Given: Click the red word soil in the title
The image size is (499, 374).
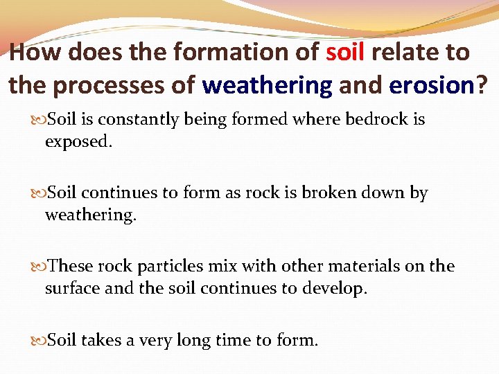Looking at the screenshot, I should coord(345,52).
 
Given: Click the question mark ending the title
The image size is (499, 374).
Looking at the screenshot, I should coord(480,85).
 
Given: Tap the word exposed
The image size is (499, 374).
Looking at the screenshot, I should coord(77,142).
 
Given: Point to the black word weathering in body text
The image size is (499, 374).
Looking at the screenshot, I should coord(91,215).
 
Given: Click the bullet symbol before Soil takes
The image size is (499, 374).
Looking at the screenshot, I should coord(39,340).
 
